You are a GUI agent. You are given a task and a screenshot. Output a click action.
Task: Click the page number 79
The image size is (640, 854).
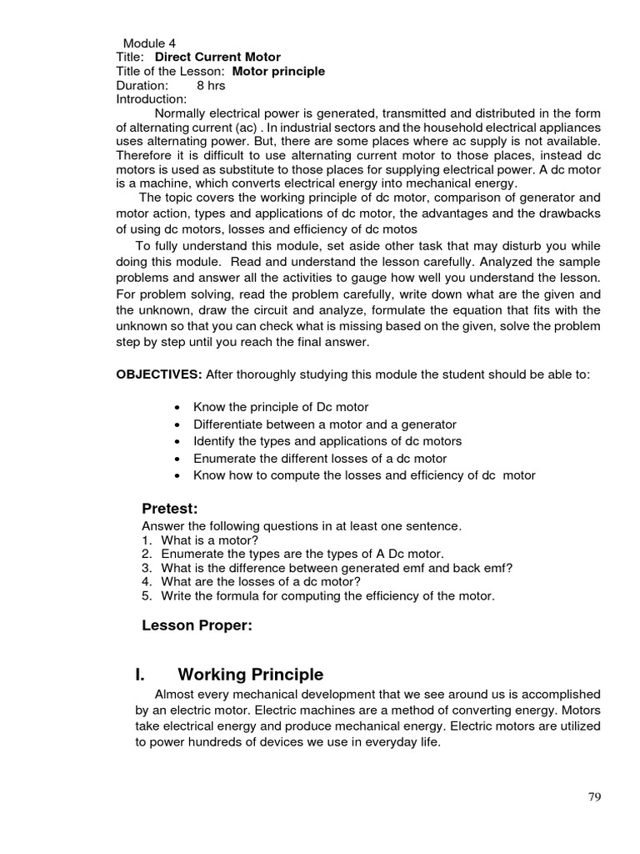(593, 796)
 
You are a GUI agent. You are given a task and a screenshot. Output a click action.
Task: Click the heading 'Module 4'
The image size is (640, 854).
(149, 43)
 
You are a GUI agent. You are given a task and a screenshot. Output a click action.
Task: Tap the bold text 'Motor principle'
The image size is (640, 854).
(278, 72)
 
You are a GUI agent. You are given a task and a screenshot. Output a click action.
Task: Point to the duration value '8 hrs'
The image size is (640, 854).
(211, 86)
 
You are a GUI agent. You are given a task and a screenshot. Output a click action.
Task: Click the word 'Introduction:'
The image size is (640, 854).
(152, 99)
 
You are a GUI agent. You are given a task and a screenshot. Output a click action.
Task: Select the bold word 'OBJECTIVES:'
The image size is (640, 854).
(158, 374)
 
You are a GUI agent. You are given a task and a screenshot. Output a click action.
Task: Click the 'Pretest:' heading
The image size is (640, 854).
(169, 510)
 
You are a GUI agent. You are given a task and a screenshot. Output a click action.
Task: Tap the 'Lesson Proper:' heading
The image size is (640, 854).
(197, 626)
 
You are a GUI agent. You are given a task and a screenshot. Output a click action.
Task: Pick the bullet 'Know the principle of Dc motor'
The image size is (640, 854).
(286, 407)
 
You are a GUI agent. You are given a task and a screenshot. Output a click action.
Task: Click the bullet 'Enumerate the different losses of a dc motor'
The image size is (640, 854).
(320, 459)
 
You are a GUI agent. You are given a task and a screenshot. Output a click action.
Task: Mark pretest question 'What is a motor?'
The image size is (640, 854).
(212, 540)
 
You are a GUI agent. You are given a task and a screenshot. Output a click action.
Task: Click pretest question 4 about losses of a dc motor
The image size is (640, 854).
(260, 581)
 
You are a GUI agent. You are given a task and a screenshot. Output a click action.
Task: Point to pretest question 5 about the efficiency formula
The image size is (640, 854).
(327, 595)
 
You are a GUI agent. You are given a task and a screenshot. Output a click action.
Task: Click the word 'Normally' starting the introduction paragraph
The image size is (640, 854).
(181, 113)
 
